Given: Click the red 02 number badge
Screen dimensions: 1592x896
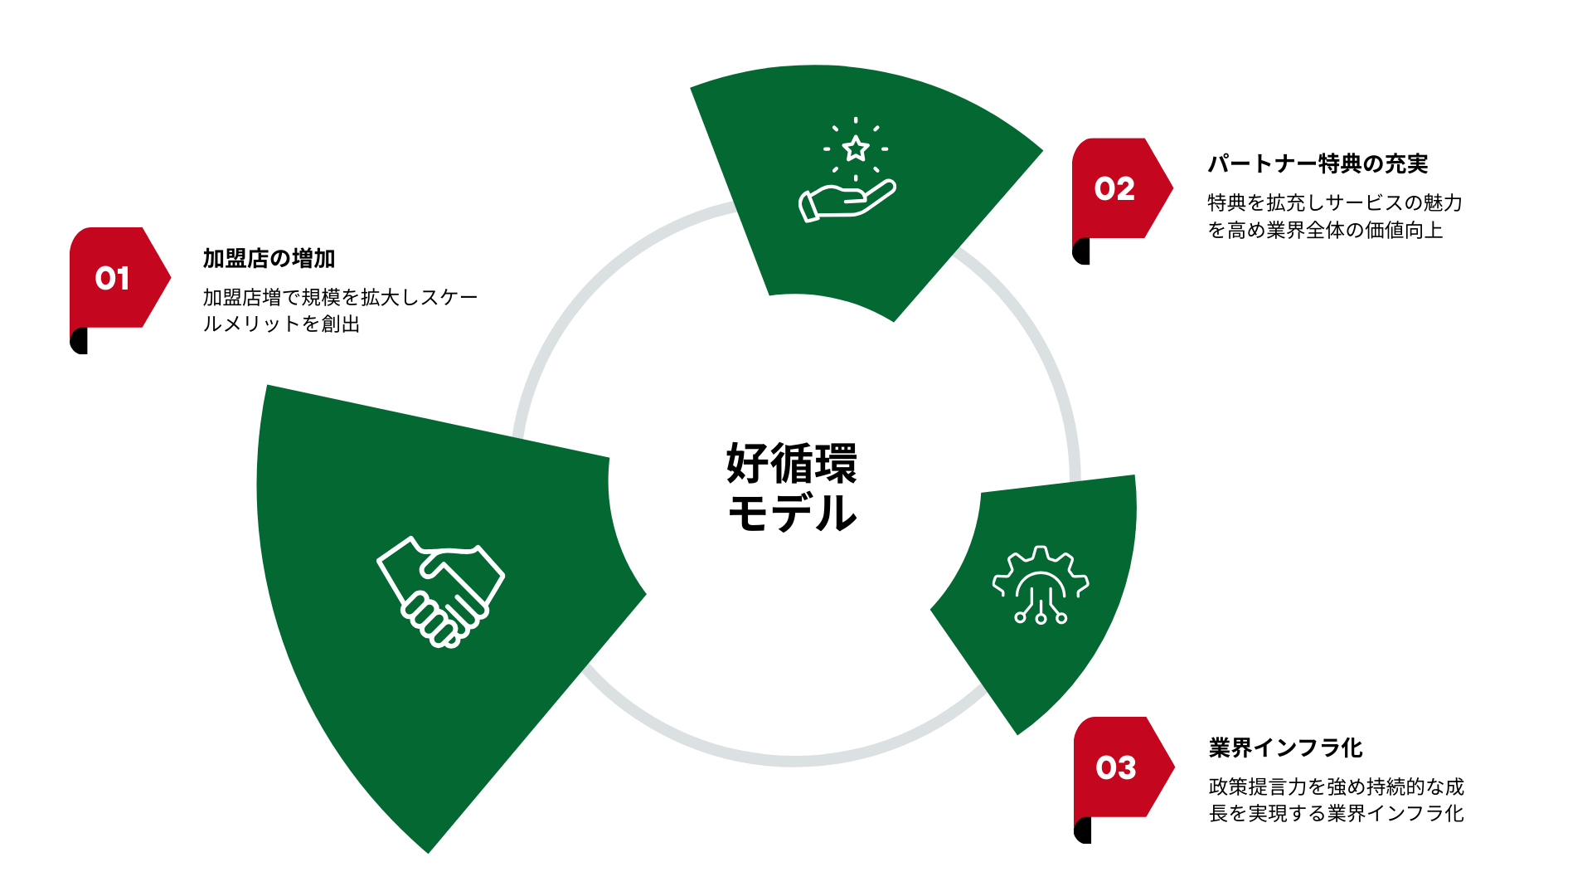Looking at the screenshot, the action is (1114, 189).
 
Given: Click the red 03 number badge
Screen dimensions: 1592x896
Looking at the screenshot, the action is (1116, 767).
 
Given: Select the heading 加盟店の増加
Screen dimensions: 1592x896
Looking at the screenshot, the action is (269, 259).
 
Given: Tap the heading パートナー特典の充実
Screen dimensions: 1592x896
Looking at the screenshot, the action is (1317, 164).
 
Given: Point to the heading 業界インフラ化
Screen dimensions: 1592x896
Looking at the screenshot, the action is (1285, 747).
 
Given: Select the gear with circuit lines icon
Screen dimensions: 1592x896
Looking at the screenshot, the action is (1041, 584).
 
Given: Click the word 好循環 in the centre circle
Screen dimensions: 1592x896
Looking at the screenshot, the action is (792, 463).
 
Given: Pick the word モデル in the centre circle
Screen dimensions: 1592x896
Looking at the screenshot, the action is (792, 513).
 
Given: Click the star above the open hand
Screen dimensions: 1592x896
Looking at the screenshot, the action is (856, 149).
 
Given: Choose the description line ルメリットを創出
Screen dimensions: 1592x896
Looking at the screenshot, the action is (281, 324).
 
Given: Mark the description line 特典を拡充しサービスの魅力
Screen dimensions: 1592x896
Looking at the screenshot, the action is (1334, 202).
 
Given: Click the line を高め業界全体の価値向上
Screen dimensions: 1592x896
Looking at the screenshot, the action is (1325, 230).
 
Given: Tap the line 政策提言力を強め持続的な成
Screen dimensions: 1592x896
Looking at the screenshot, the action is (1336, 786).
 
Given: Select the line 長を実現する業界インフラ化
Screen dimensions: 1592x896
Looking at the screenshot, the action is (1336, 813).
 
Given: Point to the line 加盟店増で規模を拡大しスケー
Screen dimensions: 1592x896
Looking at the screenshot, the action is (340, 297).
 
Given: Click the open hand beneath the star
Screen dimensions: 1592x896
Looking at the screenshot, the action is (846, 202).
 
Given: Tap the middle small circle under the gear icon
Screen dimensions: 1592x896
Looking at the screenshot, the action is (1041, 618).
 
